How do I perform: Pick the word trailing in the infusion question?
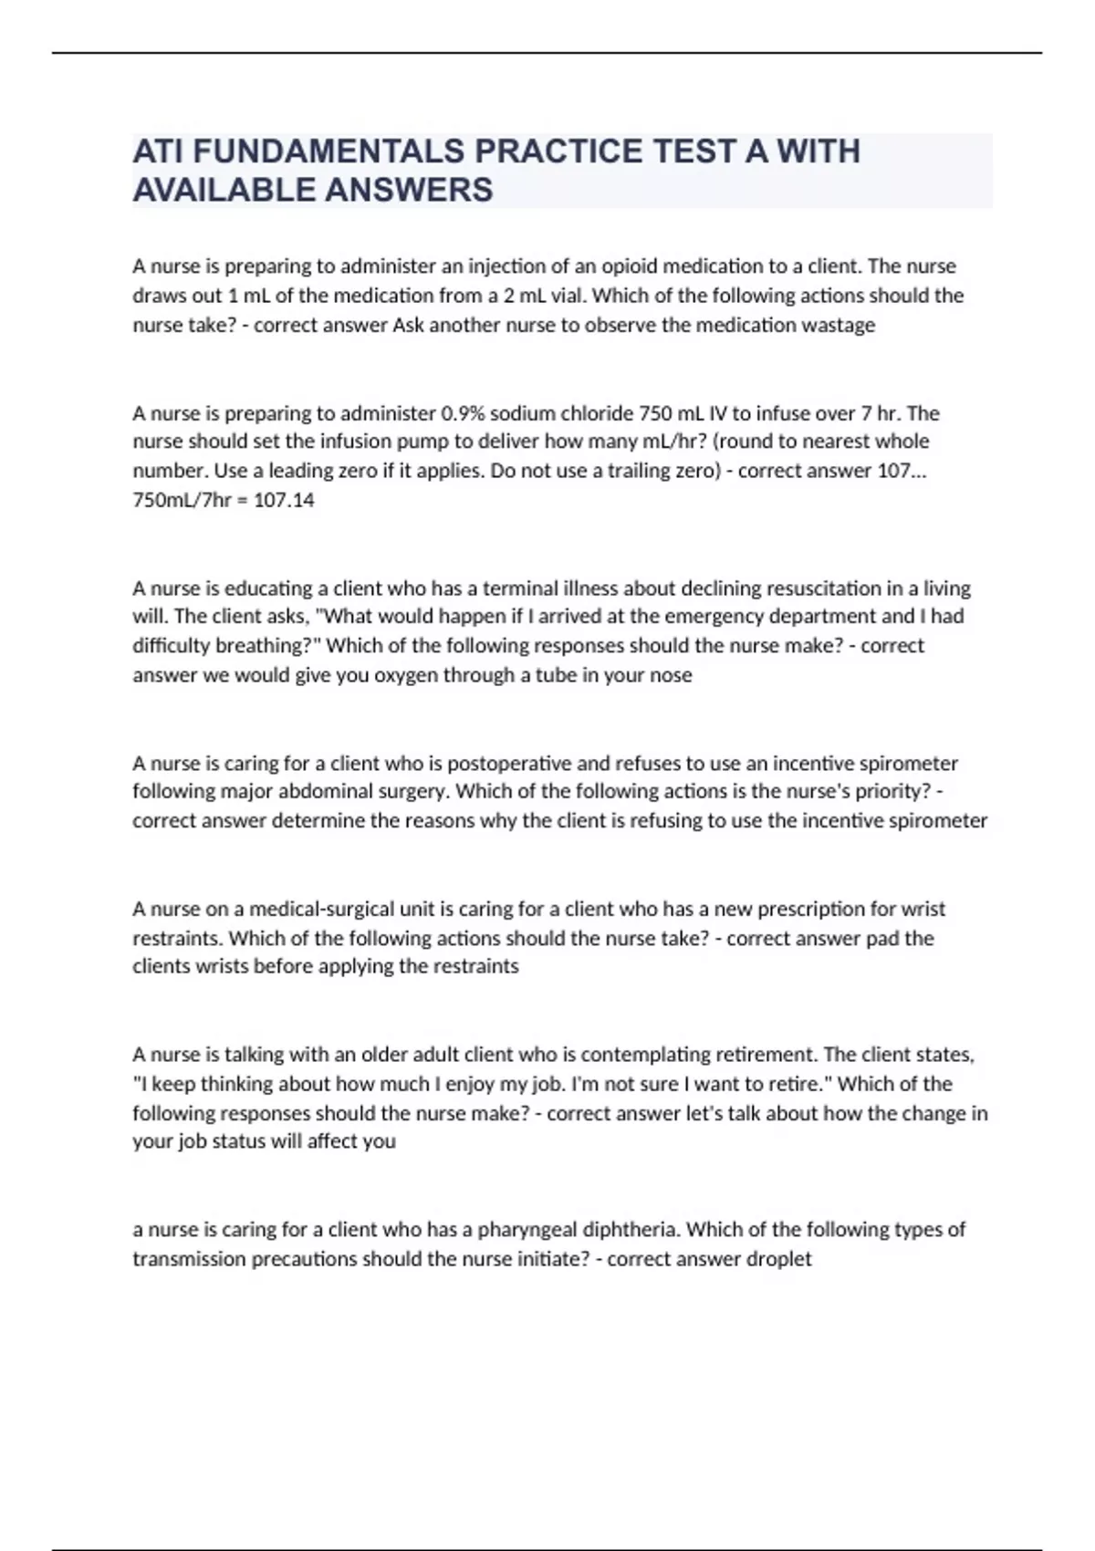tap(621, 471)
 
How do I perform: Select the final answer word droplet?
tap(778, 1259)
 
